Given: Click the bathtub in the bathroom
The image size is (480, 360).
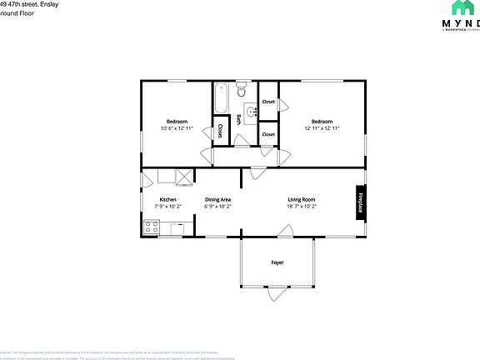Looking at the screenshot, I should pyautogui.click(x=222, y=100).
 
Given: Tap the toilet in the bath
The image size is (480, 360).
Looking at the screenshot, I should pyautogui.click(x=242, y=89).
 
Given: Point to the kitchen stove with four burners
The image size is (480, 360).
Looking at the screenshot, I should pyautogui.click(x=152, y=225).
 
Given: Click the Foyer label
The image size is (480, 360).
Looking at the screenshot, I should pyautogui.click(x=277, y=262).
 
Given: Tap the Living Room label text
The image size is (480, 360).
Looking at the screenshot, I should pyautogui.click(x=301, y=199).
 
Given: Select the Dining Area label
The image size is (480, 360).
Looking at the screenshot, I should pyautogui.click(x=217, y=199).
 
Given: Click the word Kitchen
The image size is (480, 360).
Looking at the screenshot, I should pyautogui.click(x=168, y=199).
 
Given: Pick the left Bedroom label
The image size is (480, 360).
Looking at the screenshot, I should pyautogui.click(x=177, y=122).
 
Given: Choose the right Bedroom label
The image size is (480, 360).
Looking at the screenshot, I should pyautogui.click(x=322, y=122).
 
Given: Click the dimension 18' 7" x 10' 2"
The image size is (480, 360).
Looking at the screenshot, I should pyautogui.click(x=301, y=206).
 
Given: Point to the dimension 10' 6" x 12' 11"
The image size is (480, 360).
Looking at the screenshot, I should pyautogui.click(x=177, y=128).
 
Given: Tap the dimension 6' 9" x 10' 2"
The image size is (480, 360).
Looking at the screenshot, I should pyautogui.click(x=217, y=206).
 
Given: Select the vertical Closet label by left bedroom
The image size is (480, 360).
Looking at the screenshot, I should pyautogui.click(x=220, y=131).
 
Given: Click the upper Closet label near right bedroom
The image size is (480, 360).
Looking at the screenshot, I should pyautogui.click(x=268, y=102).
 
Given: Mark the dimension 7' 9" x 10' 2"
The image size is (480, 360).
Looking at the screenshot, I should pyautogui.click(x=168, y=206).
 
